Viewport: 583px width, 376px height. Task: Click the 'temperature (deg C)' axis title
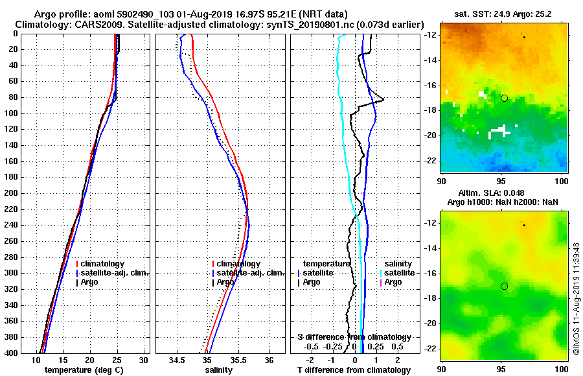tap(84, 370)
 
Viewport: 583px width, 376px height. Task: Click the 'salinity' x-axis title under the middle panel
tap(220, 370)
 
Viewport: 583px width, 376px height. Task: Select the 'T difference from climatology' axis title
tap(354, 370)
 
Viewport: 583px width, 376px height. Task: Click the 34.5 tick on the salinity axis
tap(177, 360)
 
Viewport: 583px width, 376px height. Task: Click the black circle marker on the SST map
tap(504, 98)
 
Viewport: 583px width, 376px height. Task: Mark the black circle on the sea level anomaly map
tap(504, 286)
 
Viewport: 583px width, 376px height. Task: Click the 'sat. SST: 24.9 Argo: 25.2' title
tap(504, 14)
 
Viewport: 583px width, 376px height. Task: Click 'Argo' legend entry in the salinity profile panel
tap(225, 282)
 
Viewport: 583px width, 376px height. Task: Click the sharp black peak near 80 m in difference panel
tap(383, 99)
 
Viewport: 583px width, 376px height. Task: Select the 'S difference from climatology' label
tap(354, 337)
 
